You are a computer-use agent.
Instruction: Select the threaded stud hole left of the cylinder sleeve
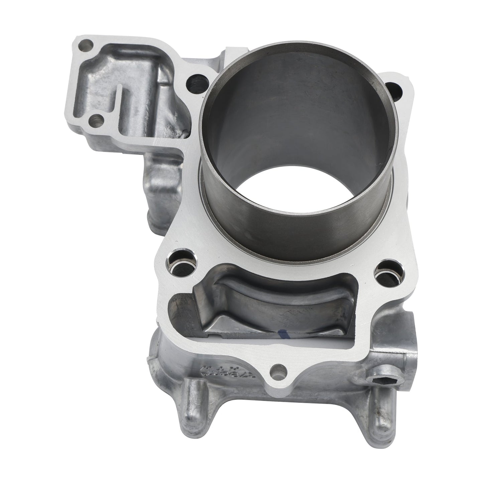pos(195,81)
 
